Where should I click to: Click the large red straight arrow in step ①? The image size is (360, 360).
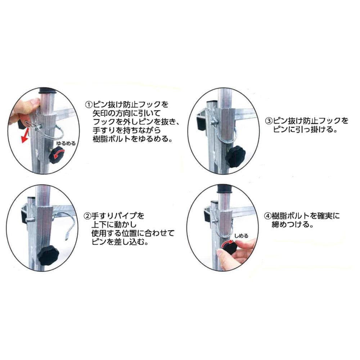[x=25, y=135]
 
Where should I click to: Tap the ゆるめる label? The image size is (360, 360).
[x=66, y=144]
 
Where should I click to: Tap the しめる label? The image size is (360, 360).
[x=241, y=236]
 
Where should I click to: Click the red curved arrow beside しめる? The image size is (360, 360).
[x=228, y=244]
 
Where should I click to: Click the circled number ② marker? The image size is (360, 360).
[x=87, y=216]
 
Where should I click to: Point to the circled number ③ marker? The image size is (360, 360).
[x=269, y=121]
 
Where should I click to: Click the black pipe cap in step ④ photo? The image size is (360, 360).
[x=225, y=189]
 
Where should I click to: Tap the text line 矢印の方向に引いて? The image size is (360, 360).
[x=127, y=113]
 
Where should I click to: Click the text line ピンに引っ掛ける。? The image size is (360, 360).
[x=305, y=130]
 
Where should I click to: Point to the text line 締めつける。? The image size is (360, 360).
[x=293, y=225]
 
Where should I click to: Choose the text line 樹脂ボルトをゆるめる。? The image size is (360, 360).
[x=133, y=139]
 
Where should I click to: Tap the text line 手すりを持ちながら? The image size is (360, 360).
[x=127, y=131]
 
